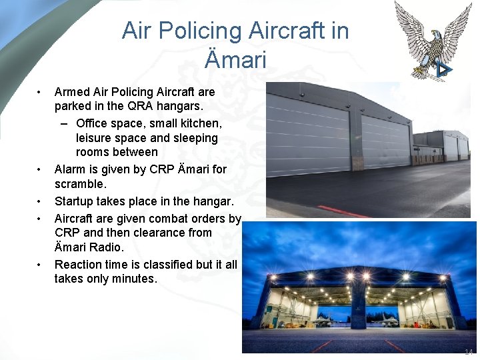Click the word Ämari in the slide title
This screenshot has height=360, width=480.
coord(235,59)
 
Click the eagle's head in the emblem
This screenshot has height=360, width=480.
coord(436,35)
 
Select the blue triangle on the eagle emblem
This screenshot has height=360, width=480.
coord(444,69)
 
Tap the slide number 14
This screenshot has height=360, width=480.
coord(469,351)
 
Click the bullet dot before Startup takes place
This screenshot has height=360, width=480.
coord(40,201)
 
